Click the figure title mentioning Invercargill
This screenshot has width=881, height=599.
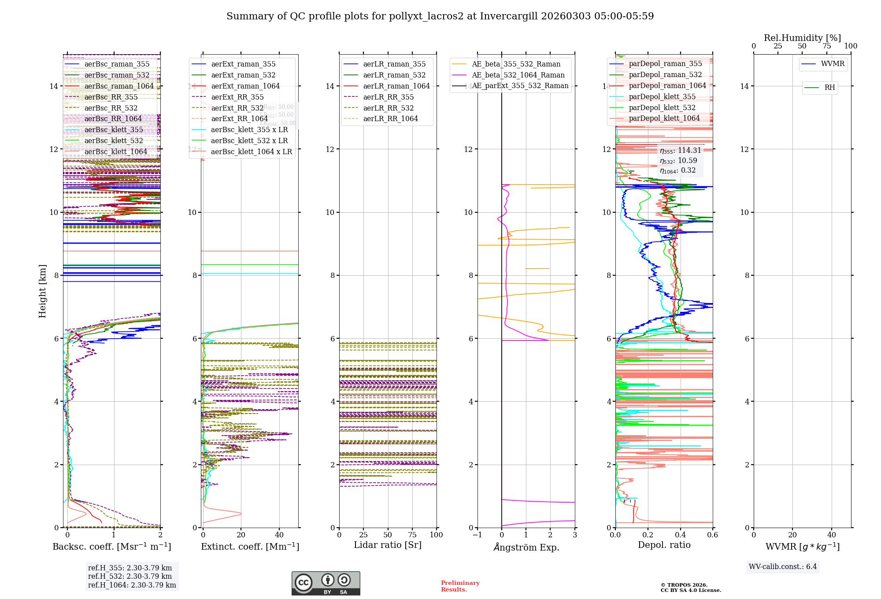440,16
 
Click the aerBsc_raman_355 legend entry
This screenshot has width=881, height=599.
117,64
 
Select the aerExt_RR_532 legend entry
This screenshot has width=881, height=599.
237,108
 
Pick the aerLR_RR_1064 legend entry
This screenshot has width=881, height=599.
390,119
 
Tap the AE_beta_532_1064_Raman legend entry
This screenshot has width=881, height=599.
518,75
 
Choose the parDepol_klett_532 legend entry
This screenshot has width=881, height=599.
662,108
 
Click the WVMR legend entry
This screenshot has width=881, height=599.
833,64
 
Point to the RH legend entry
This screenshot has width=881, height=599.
829,88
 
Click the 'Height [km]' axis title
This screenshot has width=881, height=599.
42,291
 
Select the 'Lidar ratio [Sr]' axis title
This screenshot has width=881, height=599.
388,545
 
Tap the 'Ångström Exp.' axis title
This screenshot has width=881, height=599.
526,547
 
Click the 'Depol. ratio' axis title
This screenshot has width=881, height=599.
664,545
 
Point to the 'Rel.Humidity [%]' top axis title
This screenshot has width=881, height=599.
802,38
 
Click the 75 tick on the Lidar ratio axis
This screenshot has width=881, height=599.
412,535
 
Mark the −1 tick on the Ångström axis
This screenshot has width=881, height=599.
477,535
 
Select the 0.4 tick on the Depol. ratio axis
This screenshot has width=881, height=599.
680,535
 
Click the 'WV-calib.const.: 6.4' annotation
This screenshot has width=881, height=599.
782,567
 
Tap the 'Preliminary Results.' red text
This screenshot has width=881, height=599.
460,586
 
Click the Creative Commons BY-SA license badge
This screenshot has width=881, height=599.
326,584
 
